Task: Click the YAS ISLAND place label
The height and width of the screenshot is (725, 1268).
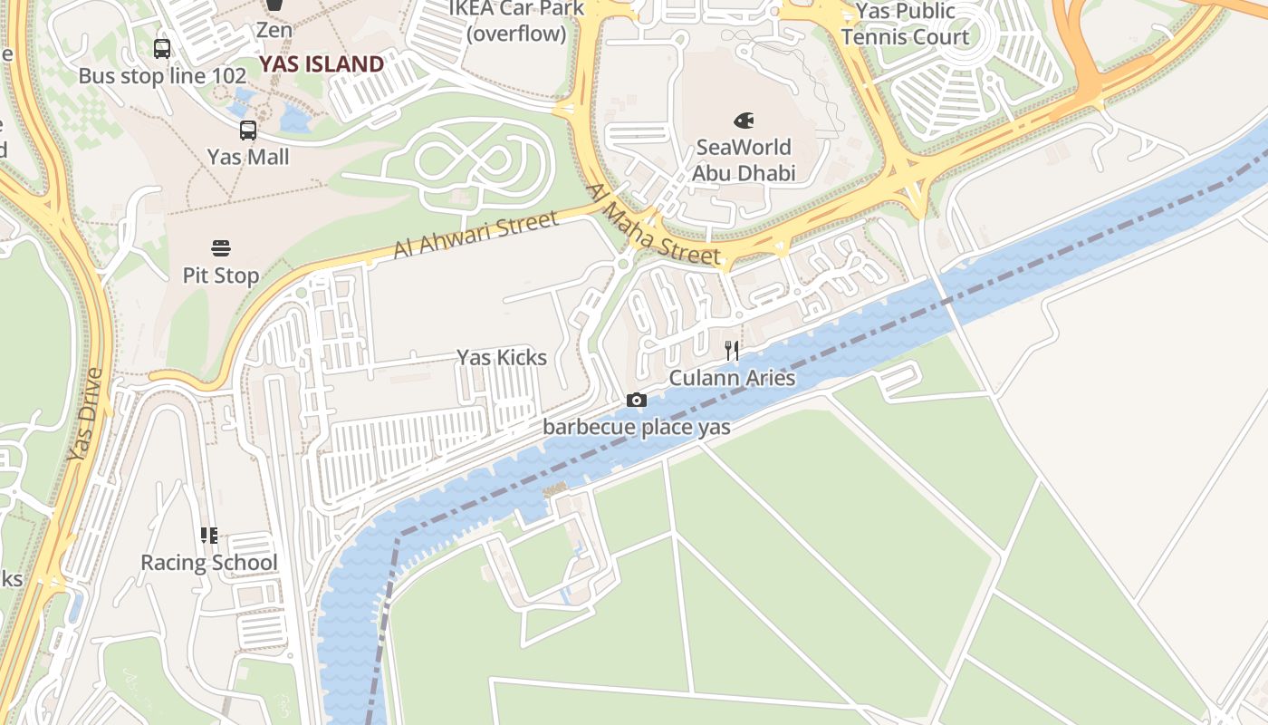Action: click(x=322, y=64)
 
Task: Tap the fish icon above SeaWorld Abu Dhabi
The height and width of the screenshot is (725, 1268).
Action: click(x=744, y=120)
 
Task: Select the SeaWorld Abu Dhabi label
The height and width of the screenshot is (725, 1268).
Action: click(x=743, y=159)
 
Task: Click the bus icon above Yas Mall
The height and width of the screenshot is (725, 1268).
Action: click(x=248, y=130)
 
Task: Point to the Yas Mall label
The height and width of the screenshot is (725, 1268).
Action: click(x=248, y=157)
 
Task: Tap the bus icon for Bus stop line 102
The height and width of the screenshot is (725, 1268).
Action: click(x=162, y=49)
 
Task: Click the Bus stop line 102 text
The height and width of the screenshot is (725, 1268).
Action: click(x=162, y=76)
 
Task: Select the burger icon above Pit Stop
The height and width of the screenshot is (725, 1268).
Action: click(x=221, y=247)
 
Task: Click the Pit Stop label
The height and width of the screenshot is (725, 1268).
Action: click(x=221, y=275)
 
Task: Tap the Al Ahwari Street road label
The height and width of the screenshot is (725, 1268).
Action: click(x=476, y=235)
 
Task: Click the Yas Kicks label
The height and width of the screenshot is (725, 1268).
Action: click(x=502, y=358)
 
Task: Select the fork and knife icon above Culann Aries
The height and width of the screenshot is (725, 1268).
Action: click(x=732, y=351)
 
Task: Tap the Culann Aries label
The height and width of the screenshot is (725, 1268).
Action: click(x=732, y=378)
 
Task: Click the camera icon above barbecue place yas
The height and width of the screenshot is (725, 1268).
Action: click(x=637, y=401)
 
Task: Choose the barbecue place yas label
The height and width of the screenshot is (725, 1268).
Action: click(x=637, y=427)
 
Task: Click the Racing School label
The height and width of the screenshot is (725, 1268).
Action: click(x=209, y=563)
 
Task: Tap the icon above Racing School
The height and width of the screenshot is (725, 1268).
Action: click(x=209, y=536)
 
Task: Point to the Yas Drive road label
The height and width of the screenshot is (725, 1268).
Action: click(x=87, y=414)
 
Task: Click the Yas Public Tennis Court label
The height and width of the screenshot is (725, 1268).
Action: click(x=906, y=24)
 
